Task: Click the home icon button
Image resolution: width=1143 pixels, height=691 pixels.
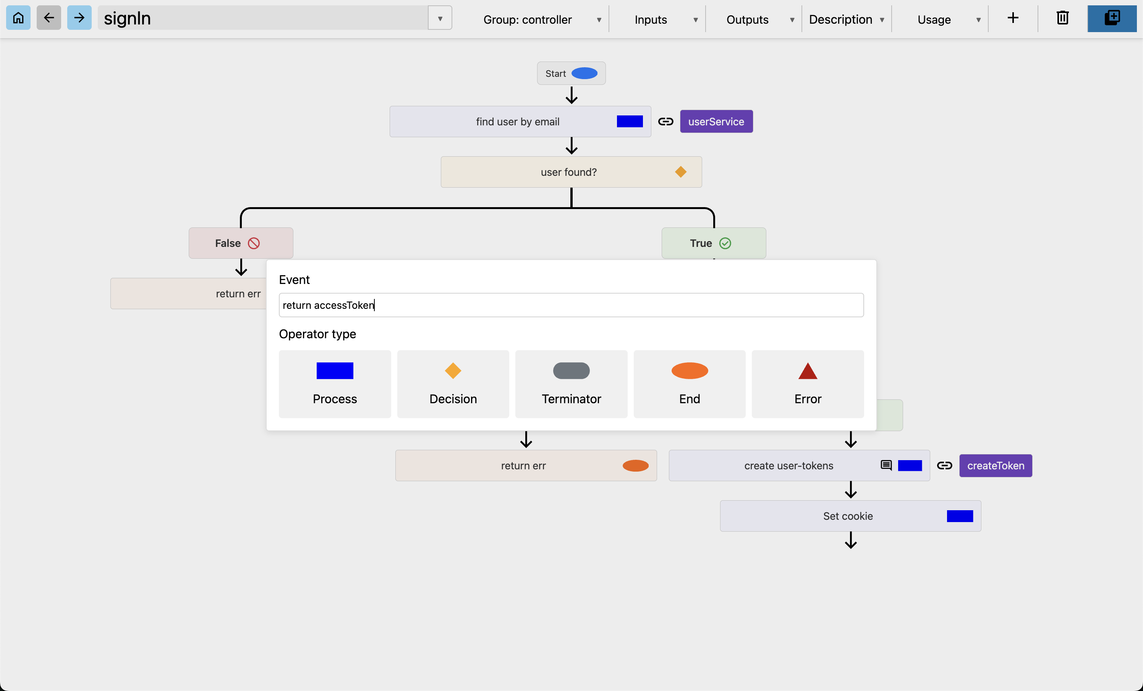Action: (18, 18)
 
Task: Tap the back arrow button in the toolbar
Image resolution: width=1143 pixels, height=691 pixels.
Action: (49, 18)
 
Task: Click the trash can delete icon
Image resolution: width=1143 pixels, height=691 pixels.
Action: (1062, 18)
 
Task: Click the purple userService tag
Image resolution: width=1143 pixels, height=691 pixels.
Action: (716, 122)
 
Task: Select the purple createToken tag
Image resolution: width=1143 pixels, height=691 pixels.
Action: (996, 466)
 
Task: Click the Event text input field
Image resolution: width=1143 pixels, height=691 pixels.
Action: (571, 305)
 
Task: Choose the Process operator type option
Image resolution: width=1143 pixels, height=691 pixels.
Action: (335, 384)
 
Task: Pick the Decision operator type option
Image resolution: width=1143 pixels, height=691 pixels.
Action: (453, 384)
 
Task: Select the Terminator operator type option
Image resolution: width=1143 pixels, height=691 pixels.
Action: (571, 384)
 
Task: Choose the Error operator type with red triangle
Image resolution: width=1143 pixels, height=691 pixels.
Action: (808, 384)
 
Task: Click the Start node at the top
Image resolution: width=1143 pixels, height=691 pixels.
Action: (571, 73)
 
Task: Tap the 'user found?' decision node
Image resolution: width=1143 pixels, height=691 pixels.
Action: (571, 172)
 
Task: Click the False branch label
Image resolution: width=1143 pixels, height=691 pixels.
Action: (241, 243)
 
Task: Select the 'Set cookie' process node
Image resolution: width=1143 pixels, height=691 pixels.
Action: (850, 516)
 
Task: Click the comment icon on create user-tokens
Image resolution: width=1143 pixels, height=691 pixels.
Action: (886, 465)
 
